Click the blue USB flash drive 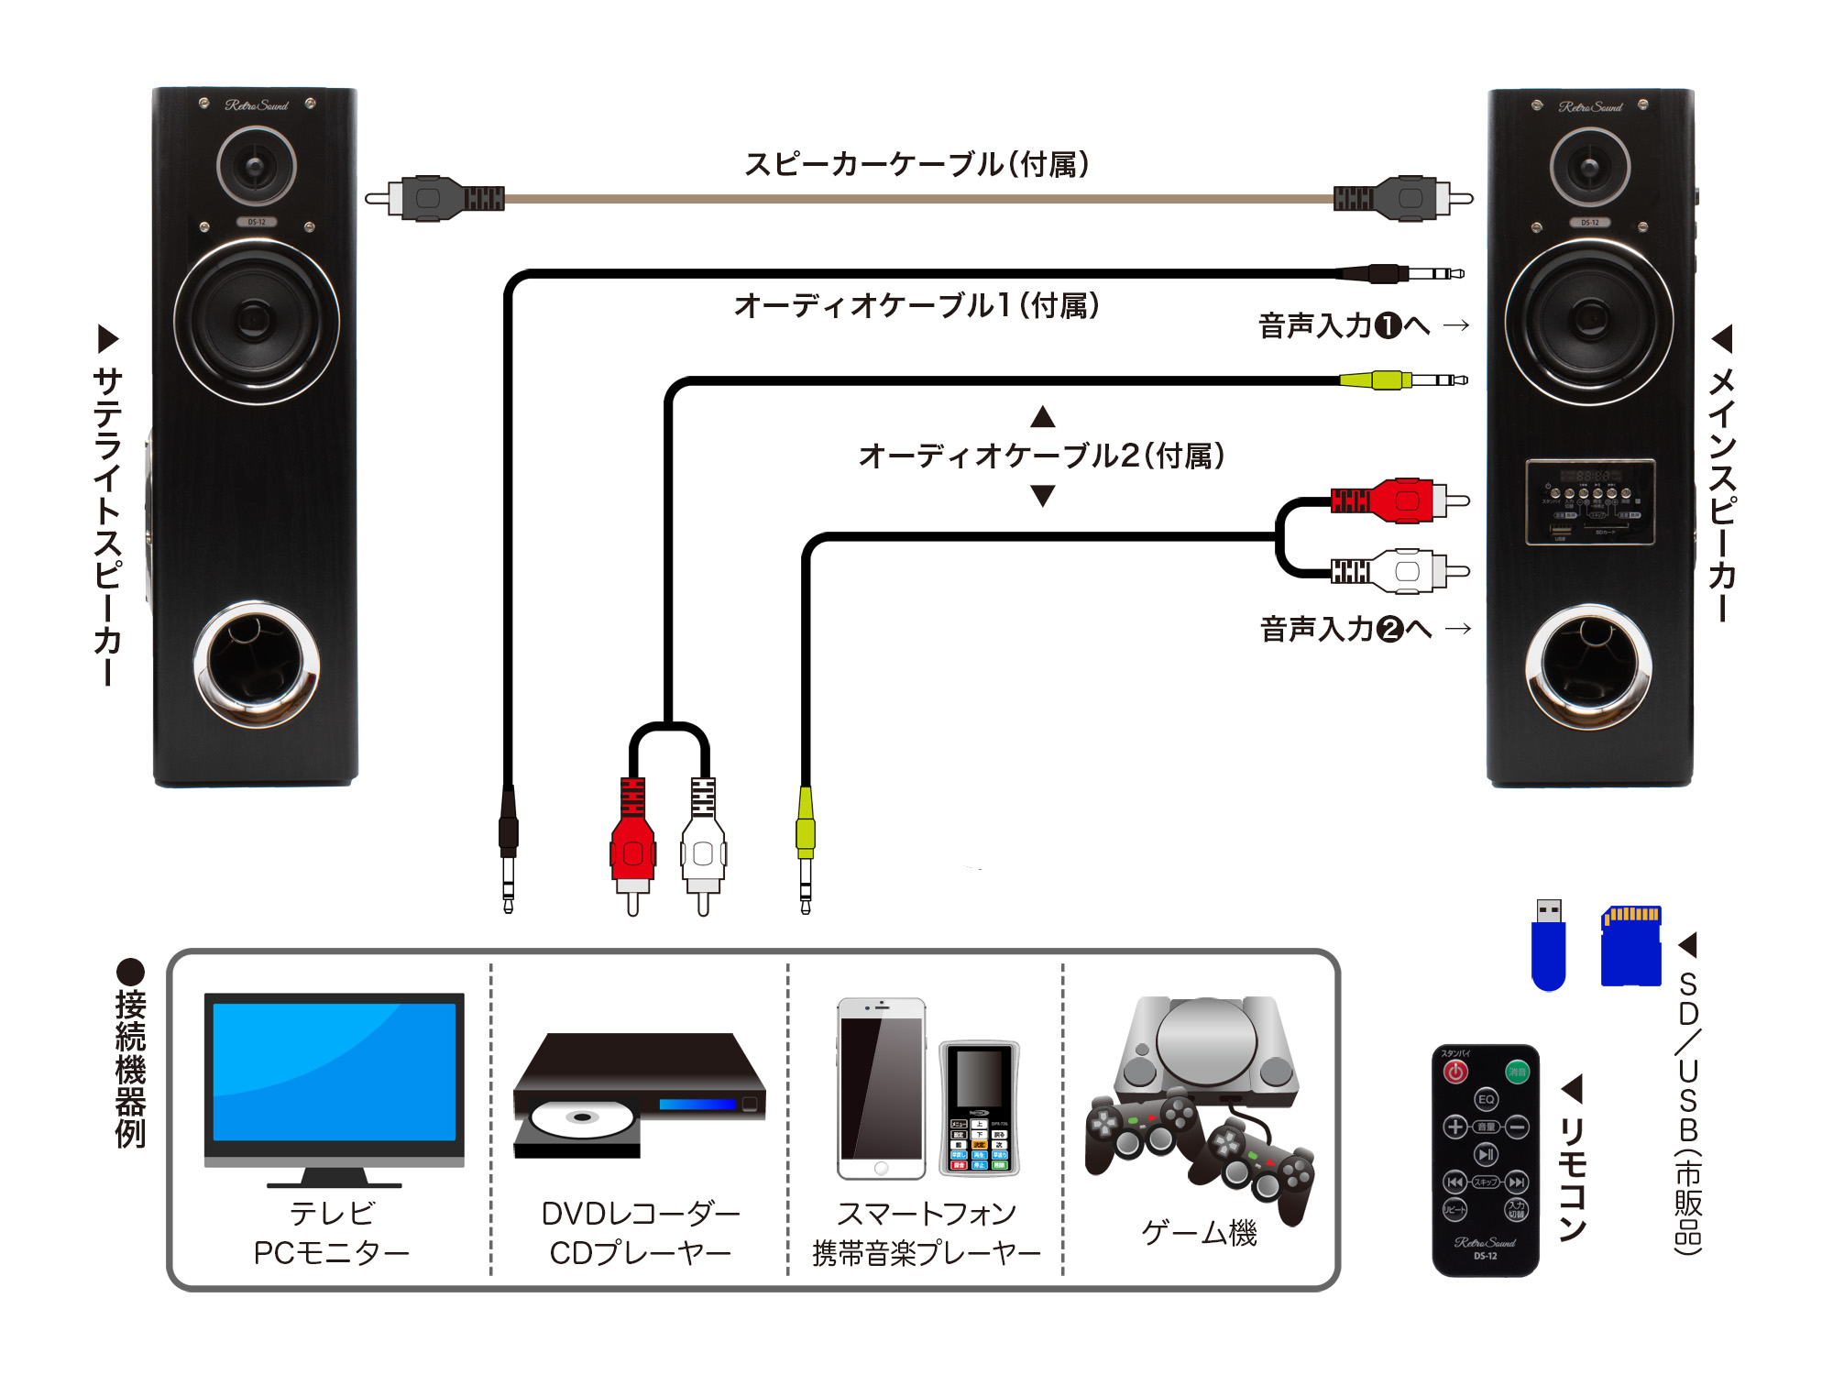click(1549, 949)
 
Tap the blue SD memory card click(1630, 948)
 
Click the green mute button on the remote click(1517, 1072)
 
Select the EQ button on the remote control click(1486, 1099)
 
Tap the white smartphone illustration click(881, 1088)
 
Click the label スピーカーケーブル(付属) click(916, 165)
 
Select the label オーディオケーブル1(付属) click(916, 305)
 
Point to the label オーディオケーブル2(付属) click(1042, 456)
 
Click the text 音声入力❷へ click(1345, 629)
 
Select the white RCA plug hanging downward click(703, 848)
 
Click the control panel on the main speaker click(1590, 502)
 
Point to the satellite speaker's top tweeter click(257, 167)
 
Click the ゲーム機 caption click(1199, 1233)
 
